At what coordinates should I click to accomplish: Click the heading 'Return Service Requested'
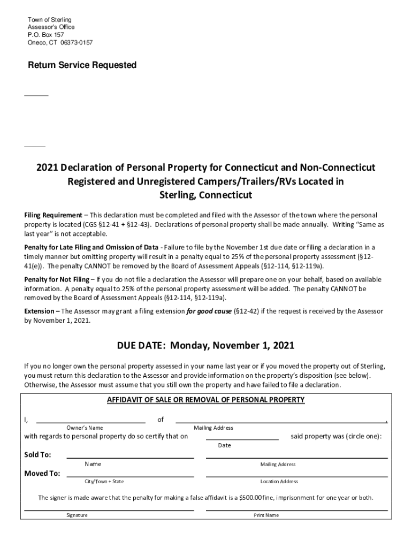click(x=82, y=65)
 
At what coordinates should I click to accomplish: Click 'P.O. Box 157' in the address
click(x=45, y=35)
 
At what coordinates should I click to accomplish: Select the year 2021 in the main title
click(x=47, y=168)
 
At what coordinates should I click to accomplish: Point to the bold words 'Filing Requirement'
click(x=53, y=215)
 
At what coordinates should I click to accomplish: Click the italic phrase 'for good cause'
click(x=209, y=311)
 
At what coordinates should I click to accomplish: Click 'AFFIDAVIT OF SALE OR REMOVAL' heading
click(x=206, y=400)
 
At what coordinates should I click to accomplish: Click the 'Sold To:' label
click(x=38, y=455)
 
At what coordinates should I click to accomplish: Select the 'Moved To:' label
click(x=42, y=473)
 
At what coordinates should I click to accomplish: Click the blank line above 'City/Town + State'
click(x=129, y=475)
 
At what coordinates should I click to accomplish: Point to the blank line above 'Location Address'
click(x=296, y=475)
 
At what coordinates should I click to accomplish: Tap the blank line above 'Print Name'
click(x=296, y=509)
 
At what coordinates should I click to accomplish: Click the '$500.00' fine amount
click(x=250, y=498)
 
